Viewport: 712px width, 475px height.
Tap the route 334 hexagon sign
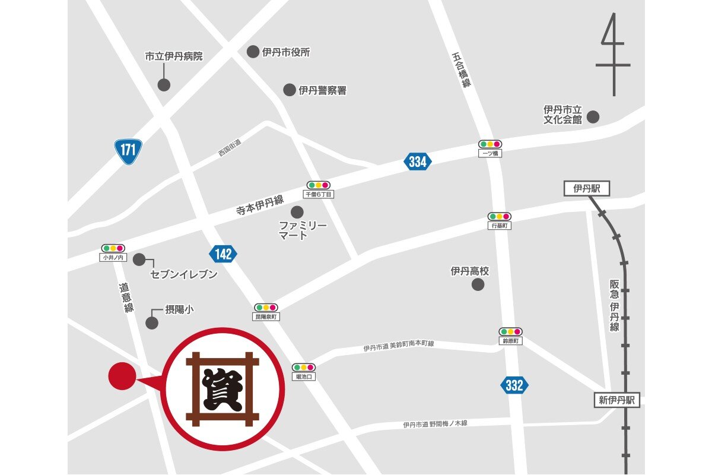418,161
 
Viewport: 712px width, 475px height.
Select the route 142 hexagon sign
223,255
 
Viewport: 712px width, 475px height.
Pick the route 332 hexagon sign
514,385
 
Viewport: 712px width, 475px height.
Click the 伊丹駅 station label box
587,189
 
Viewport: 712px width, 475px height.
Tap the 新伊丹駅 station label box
616,400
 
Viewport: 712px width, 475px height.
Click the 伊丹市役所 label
286,52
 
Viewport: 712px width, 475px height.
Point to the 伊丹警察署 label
322,90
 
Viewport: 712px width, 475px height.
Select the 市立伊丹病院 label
174,57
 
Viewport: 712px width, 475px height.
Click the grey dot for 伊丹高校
478,284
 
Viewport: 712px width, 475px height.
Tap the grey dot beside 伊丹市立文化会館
593,117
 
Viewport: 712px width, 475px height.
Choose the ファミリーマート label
303,230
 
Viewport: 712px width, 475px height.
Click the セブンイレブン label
184,274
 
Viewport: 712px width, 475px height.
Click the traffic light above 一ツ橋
491,144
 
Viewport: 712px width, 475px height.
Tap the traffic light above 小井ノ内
112,248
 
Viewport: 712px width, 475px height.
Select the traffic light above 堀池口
303,368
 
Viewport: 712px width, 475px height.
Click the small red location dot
122,376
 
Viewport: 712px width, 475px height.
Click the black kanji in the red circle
223,389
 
